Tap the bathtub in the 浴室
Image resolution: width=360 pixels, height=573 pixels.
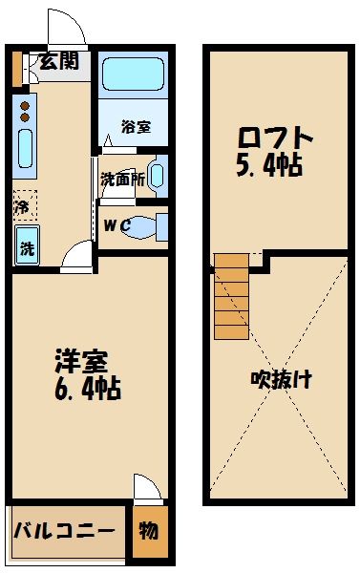133,73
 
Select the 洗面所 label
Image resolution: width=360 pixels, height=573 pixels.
121,179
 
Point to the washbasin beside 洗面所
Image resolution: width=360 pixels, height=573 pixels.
157,176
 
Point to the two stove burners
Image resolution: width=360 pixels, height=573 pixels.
25,110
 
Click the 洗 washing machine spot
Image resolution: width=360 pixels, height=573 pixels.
27,246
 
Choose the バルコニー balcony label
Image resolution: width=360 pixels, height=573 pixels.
65,529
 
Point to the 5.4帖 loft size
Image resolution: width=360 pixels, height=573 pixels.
269,166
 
